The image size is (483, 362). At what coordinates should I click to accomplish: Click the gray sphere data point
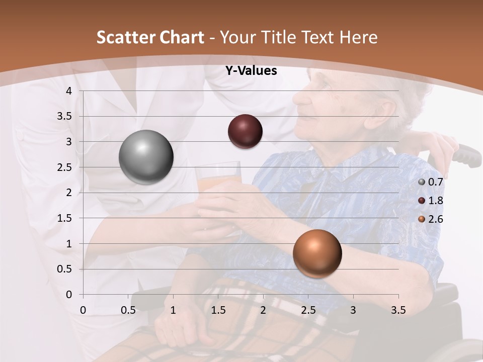point(146,157)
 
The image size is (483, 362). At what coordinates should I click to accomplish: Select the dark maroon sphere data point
point(245,131)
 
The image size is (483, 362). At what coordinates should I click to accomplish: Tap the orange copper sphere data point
point(317,253)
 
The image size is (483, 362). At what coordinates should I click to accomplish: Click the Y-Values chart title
point(251,71)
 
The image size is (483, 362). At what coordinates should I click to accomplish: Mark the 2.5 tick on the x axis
point(308,310)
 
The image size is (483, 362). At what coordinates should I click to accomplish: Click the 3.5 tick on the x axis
point(398,310)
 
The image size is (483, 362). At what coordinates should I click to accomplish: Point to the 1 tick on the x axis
point(173,310)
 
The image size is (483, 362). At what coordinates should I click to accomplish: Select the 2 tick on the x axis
point(263,310)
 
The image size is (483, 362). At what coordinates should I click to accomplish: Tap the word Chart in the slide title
point(182,37)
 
